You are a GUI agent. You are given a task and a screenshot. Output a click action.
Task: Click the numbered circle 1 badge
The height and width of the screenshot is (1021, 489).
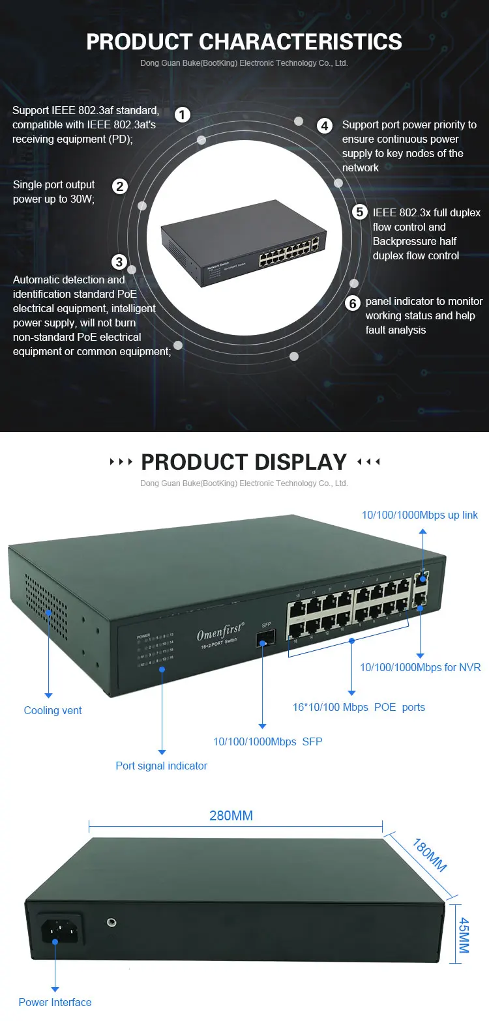click(x=183, y=115)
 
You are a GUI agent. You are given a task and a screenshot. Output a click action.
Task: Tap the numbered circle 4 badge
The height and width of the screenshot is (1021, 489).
click(x=325, y=125)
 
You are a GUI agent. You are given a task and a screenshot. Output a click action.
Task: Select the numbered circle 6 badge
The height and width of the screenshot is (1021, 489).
click(x=353, y=303)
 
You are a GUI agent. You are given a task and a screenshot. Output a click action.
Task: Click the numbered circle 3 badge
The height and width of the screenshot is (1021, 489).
click(x=119, y=262)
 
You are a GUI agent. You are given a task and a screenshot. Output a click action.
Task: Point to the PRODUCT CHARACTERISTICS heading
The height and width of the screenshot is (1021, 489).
click(x=244, y=42)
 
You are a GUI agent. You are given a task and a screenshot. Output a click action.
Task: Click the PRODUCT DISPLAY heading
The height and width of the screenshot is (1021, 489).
click(x=244, y=462)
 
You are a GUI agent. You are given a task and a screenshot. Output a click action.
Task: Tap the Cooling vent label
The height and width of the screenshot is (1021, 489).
click(x=53, y=710)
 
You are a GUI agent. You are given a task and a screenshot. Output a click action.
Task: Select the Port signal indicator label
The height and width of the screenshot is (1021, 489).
click(x=161, y=766)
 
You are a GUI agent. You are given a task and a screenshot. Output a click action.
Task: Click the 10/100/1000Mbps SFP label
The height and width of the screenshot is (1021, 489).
click(x=267, y=741)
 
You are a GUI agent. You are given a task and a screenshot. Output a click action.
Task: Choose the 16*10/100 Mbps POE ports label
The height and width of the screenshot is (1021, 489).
click(x=359, y=707)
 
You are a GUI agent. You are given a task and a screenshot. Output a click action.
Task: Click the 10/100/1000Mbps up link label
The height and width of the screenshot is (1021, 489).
click(x=420, y=515)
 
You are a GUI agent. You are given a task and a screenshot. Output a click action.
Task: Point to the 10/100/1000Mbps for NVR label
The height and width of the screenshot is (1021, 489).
click(x=421, y=667)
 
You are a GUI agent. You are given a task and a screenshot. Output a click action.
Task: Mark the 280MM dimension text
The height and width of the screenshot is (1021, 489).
click(x=231, y=816)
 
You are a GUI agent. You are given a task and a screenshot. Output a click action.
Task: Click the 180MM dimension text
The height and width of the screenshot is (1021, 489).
click(x=429, y=854)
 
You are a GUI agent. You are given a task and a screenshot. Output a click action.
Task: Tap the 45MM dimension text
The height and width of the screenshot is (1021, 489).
click(x=463, y=936)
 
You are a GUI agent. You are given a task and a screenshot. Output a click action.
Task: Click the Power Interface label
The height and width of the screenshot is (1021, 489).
click(x=55, y=1002)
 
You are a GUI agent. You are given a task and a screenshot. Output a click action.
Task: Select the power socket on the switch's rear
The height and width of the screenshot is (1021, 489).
click(x=61, y=929)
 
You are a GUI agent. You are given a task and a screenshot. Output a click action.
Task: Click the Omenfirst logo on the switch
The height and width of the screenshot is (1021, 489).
click(x=220, y=634)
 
